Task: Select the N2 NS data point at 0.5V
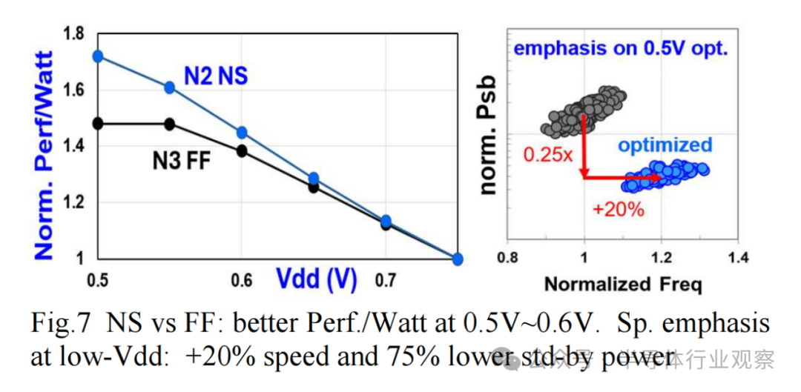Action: (98, 56)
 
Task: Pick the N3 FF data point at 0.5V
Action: (98, 123)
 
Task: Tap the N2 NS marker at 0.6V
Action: (241, 133)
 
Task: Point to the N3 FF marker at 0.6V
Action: (241, 151)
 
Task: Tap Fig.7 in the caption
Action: (61, 324)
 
